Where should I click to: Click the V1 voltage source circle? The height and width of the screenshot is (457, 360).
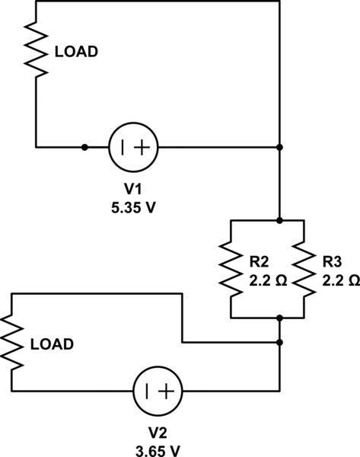click(133, 147)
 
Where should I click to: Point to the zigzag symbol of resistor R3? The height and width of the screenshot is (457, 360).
click(304, 268)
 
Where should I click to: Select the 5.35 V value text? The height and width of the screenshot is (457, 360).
click(134, 206)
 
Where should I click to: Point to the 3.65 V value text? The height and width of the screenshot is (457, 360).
click(158, 450)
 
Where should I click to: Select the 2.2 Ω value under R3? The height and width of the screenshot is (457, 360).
click(339, 280)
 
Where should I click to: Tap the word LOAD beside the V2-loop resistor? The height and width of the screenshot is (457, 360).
click(52, 344)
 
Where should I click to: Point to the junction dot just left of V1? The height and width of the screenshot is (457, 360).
click(84, 147)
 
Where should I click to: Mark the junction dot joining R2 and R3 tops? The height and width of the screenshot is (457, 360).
click(280, 220)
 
